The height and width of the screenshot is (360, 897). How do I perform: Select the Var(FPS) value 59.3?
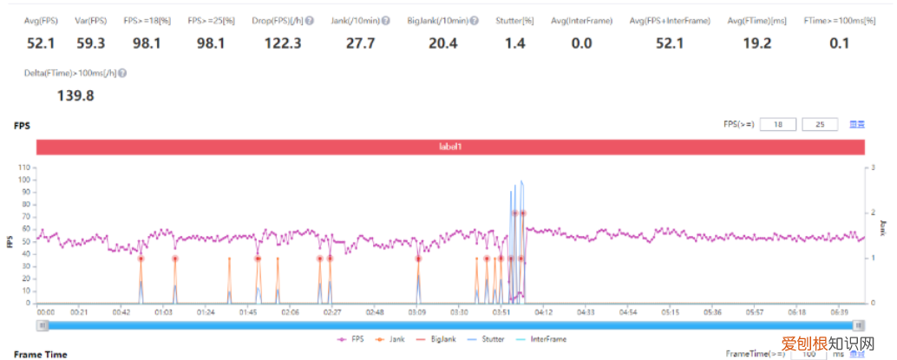point(90,43)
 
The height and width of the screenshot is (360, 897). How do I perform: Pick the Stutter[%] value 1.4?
point(515,43)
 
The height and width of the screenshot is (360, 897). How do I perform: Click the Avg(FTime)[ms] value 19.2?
point(757,43)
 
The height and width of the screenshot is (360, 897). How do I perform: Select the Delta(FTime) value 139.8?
point(75,95)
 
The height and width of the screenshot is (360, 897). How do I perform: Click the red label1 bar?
point(449,147)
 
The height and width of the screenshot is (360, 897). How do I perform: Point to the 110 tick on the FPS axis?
point(24,167)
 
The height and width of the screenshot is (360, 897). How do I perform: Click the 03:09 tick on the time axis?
point(417,311)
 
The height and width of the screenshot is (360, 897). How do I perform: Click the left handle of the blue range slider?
point(42,325)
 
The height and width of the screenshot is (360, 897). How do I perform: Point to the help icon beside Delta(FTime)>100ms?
point(122,74)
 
